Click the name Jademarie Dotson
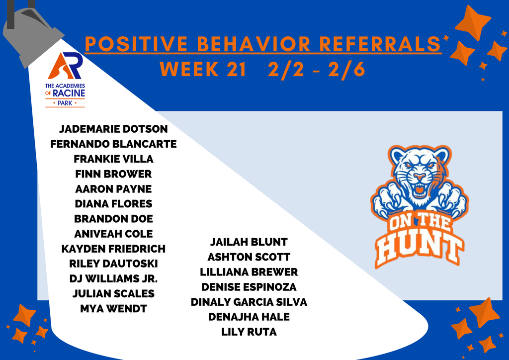[113, 129]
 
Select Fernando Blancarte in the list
[113, 144]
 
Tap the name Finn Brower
[113, 174]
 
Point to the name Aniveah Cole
[113, 234]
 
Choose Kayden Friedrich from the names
[113, 249]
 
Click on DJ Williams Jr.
[113, 278]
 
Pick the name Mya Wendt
[113, 309]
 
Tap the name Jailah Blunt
[249, 242]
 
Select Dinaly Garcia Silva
[249, 302]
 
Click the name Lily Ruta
[249, 332]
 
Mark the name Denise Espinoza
[249, 287]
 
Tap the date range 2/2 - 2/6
[316, 70]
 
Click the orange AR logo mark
[65, 66]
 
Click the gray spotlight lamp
[30, 35]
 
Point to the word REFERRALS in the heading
[379, 44]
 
